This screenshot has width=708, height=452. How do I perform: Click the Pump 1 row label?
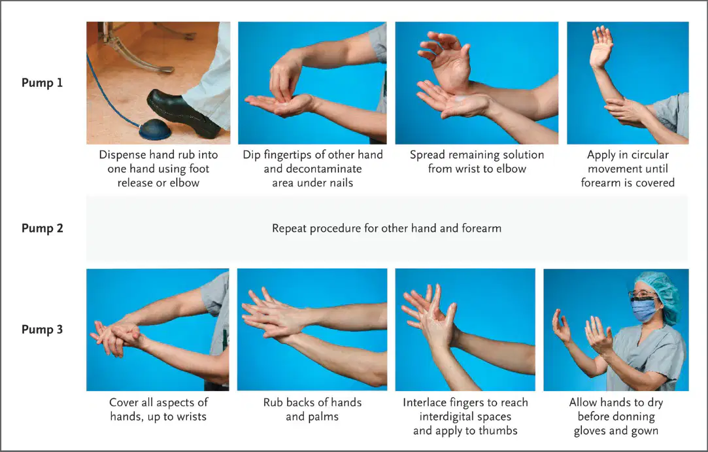click(x=42, y=82)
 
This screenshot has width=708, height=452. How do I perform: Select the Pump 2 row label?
click(x=42, y=228)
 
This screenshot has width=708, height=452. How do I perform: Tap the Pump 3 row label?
click(x=42, y=330)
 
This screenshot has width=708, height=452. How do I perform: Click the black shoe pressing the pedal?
click(x=183, y=113)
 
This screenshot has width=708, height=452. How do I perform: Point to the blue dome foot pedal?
click(x=155, y=130)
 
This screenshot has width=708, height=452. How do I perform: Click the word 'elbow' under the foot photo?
click(x=184, y=183)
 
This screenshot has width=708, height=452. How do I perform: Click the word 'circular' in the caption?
click(x=650, y=155)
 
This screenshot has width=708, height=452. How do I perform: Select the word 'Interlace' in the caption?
click(x=425, y=403)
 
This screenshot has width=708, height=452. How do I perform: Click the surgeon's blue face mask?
click(x=644, y=310)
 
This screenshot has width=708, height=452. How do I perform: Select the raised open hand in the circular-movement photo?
click(x=601, y=47)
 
